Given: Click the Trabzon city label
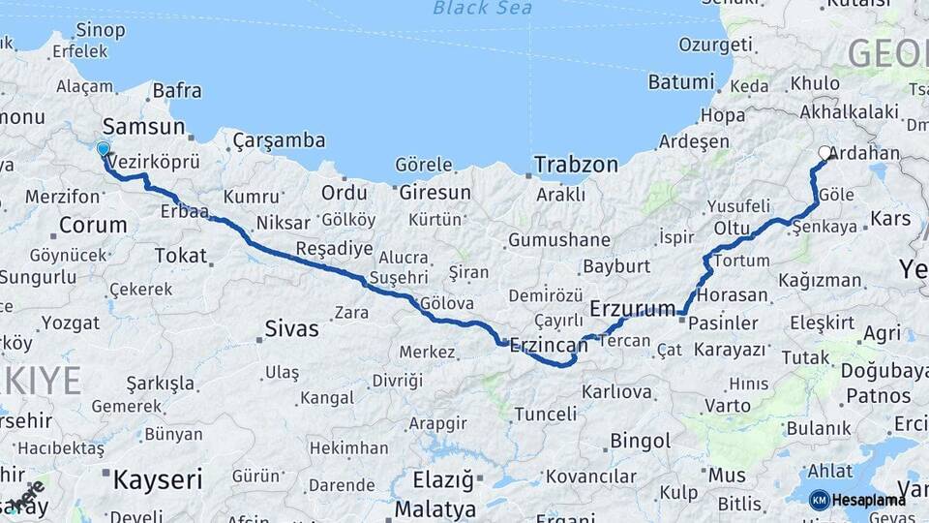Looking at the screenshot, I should [x=576, y=165].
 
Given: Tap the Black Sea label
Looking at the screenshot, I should [x=483, y=9].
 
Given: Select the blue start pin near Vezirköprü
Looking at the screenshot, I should [x=104, y=149].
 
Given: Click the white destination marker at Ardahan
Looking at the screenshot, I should [x=825, y=152].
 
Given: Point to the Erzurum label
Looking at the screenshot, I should [x=632, y=309].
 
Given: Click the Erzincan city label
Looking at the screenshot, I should [x=549, y=345].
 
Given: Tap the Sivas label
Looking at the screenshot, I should [x=291, y=329].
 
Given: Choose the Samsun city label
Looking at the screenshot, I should [x=143, y=126].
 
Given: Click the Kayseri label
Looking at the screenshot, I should [x=158, y=478].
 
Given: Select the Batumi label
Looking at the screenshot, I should [x=681, y=81].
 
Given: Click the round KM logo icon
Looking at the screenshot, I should [x=820, y=500].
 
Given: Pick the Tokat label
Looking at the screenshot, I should [x=181, y=256].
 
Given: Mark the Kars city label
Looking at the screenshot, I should [x=890, y=218].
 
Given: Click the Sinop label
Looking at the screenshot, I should [x=101, y=30].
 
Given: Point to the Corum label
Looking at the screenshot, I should [x=93, y=226].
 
